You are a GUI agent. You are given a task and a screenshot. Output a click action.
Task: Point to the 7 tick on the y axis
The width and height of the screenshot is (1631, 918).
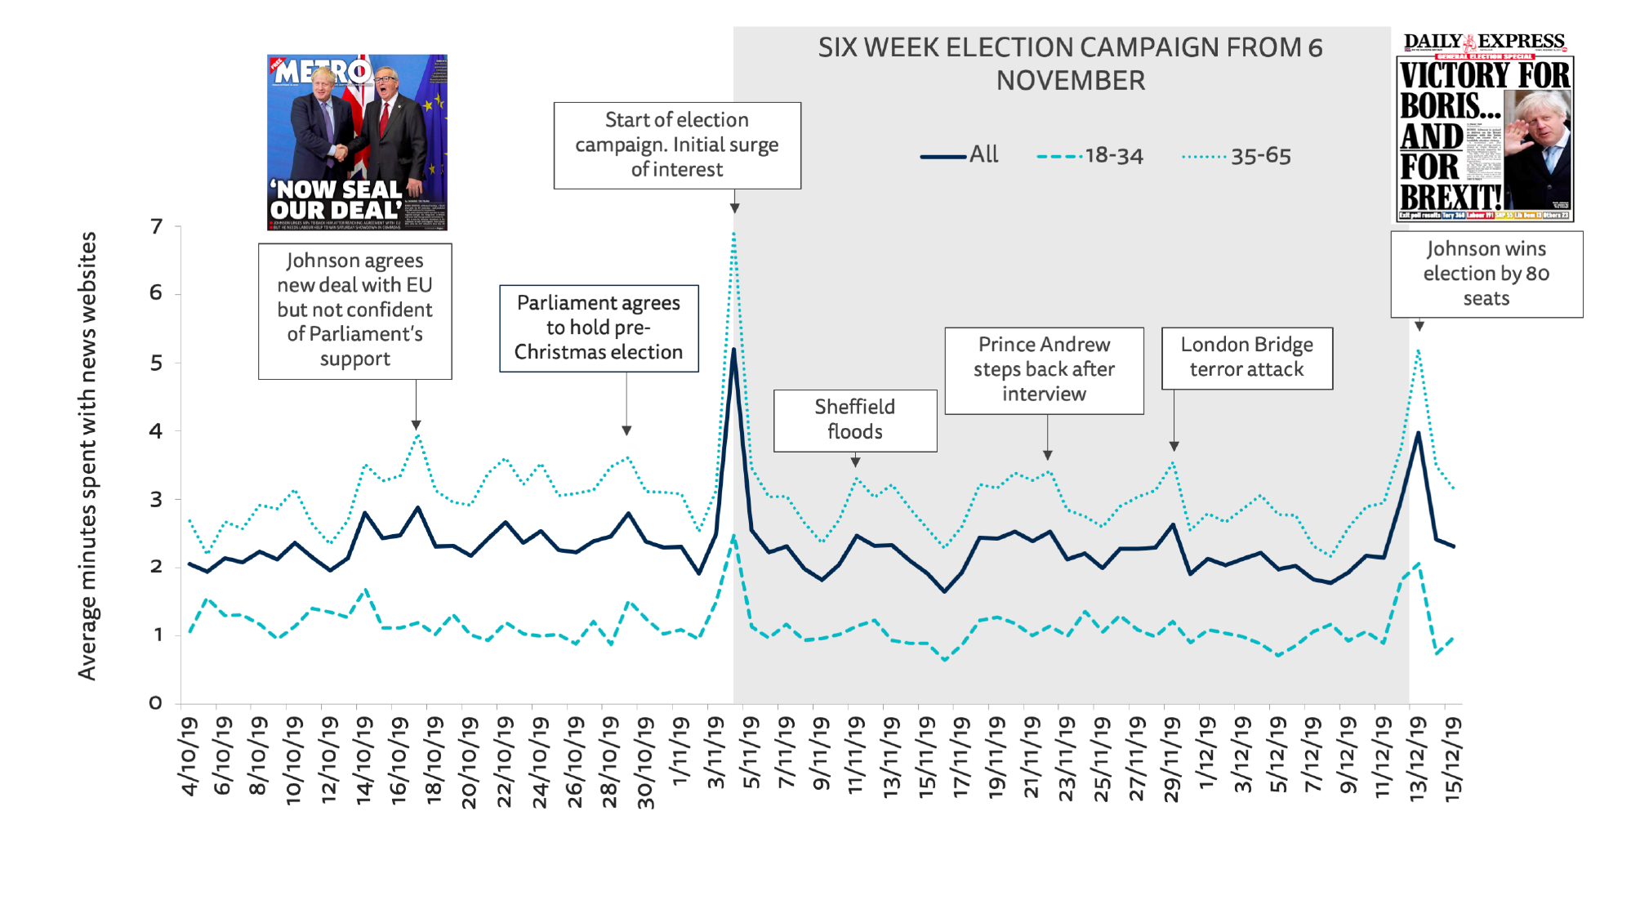(x=156, y=226)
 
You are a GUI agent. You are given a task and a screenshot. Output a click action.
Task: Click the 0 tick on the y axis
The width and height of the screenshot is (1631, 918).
(x=155, y=702)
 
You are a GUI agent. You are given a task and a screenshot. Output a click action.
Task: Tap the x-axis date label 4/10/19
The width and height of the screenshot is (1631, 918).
(x=189, y=756)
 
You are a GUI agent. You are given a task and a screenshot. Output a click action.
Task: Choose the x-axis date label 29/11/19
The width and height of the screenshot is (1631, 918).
(x=1171, y=760)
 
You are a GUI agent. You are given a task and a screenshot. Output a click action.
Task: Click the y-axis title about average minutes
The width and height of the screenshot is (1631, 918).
(x=87, y=456)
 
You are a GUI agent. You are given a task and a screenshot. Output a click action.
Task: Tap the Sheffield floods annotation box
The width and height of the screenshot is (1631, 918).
(x=855, y=420)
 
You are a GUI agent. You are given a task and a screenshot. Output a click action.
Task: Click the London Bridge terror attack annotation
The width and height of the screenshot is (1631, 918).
(x=1246, y=358)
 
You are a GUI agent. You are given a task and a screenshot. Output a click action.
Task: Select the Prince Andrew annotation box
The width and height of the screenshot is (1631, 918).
(x=1044, y=370)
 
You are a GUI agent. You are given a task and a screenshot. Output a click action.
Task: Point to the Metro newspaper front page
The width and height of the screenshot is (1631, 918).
(x=357, y=142)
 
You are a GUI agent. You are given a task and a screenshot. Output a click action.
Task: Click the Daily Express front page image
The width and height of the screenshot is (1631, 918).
(x=1485, y=127)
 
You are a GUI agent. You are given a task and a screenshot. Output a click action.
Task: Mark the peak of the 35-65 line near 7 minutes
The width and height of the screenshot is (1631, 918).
(x=733, y=234)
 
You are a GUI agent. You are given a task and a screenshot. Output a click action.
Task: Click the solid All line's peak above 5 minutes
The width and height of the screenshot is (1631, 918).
(x=733, y=350)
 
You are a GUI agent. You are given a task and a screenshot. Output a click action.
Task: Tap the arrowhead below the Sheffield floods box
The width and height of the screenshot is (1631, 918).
(x=855, y=461)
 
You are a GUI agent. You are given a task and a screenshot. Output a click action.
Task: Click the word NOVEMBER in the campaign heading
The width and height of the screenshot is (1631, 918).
(x=1070, y=81)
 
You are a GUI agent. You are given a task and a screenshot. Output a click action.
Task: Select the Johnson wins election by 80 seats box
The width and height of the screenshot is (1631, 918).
(x=1486, y=274)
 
